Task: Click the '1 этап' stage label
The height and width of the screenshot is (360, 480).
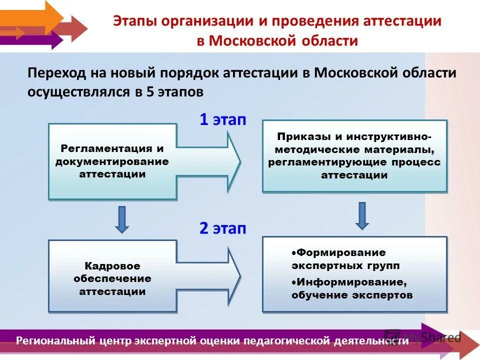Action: [223, 121]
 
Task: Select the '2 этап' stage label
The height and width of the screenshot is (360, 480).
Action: [223, 228]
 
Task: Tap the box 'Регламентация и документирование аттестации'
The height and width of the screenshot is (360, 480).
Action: [112, 161]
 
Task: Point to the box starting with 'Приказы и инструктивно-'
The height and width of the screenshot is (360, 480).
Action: [354, 155]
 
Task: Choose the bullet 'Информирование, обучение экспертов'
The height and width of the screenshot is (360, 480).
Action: [352, 288]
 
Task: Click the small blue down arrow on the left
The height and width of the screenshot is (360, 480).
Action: [122, 219]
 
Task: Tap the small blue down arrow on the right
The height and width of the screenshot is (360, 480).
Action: [363, 215]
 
